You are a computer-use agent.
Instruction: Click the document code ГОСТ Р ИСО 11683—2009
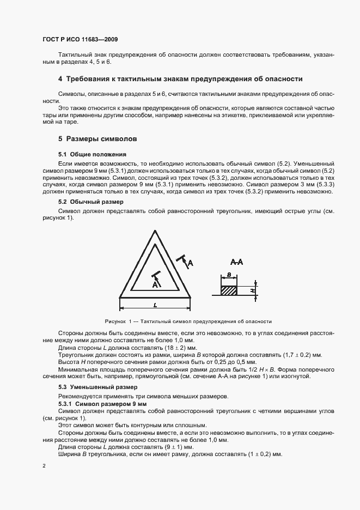pos(80,40)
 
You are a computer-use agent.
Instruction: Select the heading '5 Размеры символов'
pos(97,139)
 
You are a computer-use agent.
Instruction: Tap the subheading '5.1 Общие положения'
pos(92,154)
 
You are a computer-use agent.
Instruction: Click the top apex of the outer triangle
pos(155,230)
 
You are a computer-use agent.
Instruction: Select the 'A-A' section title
pos(236,262)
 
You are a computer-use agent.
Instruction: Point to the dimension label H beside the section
pos(253,291)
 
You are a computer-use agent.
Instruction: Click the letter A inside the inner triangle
pos(155,283)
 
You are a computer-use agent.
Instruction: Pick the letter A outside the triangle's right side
pos(190,263)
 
